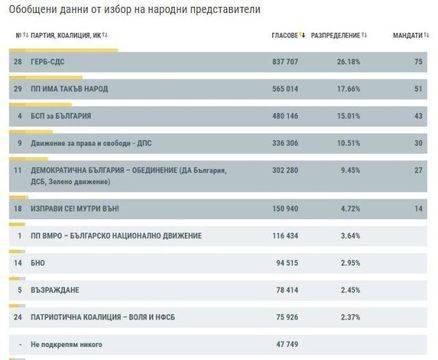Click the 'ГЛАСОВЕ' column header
(287, 36)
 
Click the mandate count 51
(417, 88)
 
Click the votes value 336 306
(287, 143)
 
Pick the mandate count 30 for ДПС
(417, 143)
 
